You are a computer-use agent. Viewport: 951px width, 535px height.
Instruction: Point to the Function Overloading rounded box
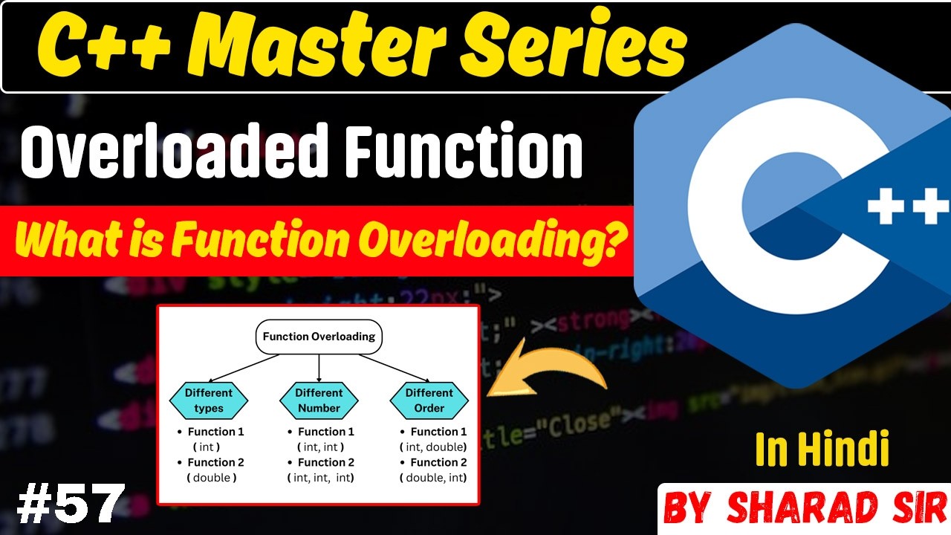pos(319,337)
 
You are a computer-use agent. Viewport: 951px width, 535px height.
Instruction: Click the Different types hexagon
pos(209,400)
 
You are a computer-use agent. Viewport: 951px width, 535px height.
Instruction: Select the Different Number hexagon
pos(319,400)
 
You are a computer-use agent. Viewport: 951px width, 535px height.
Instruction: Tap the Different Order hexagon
pos(429,400)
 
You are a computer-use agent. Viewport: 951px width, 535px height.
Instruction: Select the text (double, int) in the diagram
pos(434,478)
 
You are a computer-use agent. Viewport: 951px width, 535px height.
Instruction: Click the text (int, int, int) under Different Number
pos(321,478)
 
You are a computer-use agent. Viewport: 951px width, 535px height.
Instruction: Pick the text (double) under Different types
pos(212,478)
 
